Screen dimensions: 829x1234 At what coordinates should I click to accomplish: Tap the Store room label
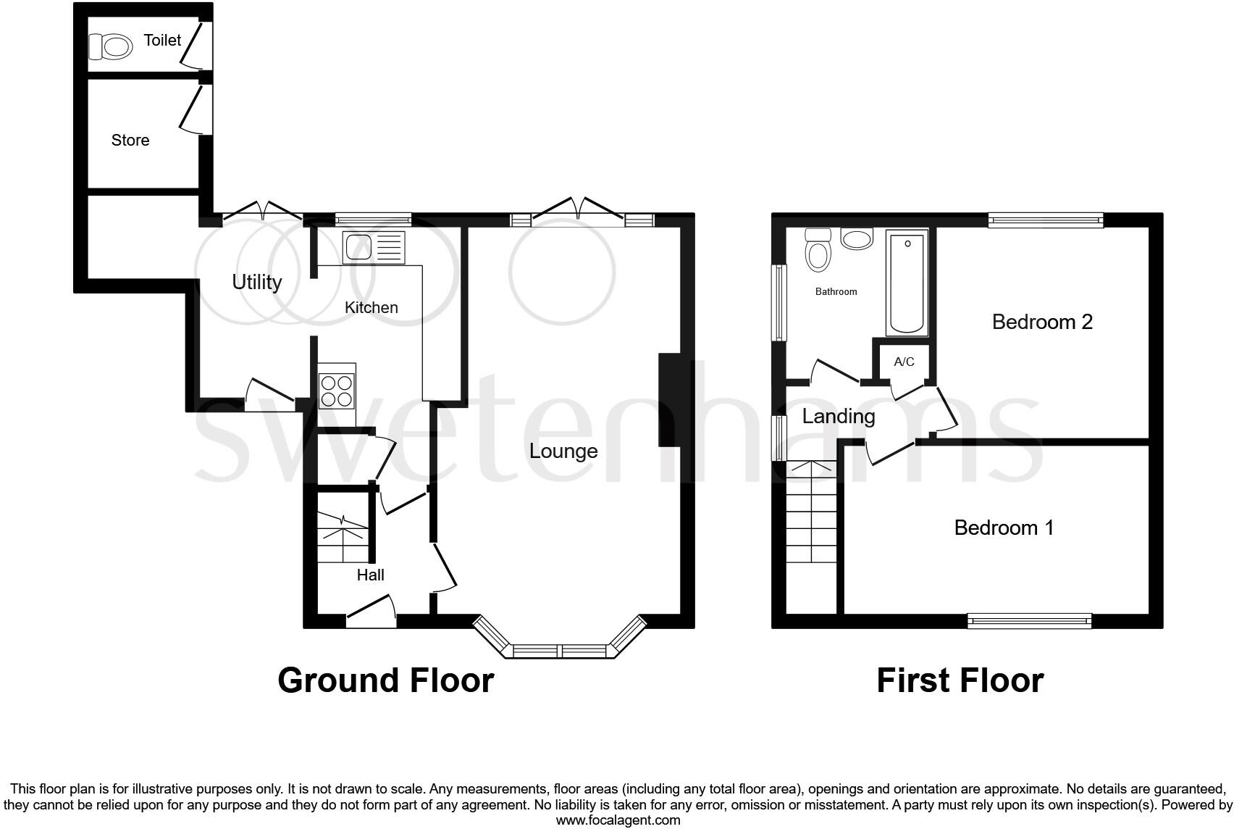point(130,141)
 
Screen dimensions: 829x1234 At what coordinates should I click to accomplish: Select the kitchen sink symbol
point(374,248)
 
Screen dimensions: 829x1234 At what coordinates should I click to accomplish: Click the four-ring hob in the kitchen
point(337,391)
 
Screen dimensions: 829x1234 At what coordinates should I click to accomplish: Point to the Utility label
point(256,282)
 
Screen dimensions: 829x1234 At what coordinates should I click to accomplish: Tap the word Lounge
point(563,451)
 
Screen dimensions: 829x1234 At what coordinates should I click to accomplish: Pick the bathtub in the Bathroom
point(906,283)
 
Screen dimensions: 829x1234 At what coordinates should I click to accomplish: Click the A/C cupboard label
point(904,362)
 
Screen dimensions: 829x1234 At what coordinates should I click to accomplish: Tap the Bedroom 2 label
point(1041,322)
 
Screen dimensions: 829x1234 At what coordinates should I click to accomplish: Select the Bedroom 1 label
point(1004,528)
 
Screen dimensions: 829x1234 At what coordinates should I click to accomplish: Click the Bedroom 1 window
point(1029,620)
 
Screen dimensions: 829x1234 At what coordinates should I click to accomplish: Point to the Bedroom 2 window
point(1045,220)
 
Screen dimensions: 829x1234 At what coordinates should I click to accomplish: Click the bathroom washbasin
point(857,238)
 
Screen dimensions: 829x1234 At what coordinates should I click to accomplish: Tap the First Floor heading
point(960,680)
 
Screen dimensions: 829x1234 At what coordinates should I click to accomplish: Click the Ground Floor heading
point(385,680)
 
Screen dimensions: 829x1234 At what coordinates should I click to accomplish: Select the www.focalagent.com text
point(618,820)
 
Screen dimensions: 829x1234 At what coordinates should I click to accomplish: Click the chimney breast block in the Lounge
point(673,399)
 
